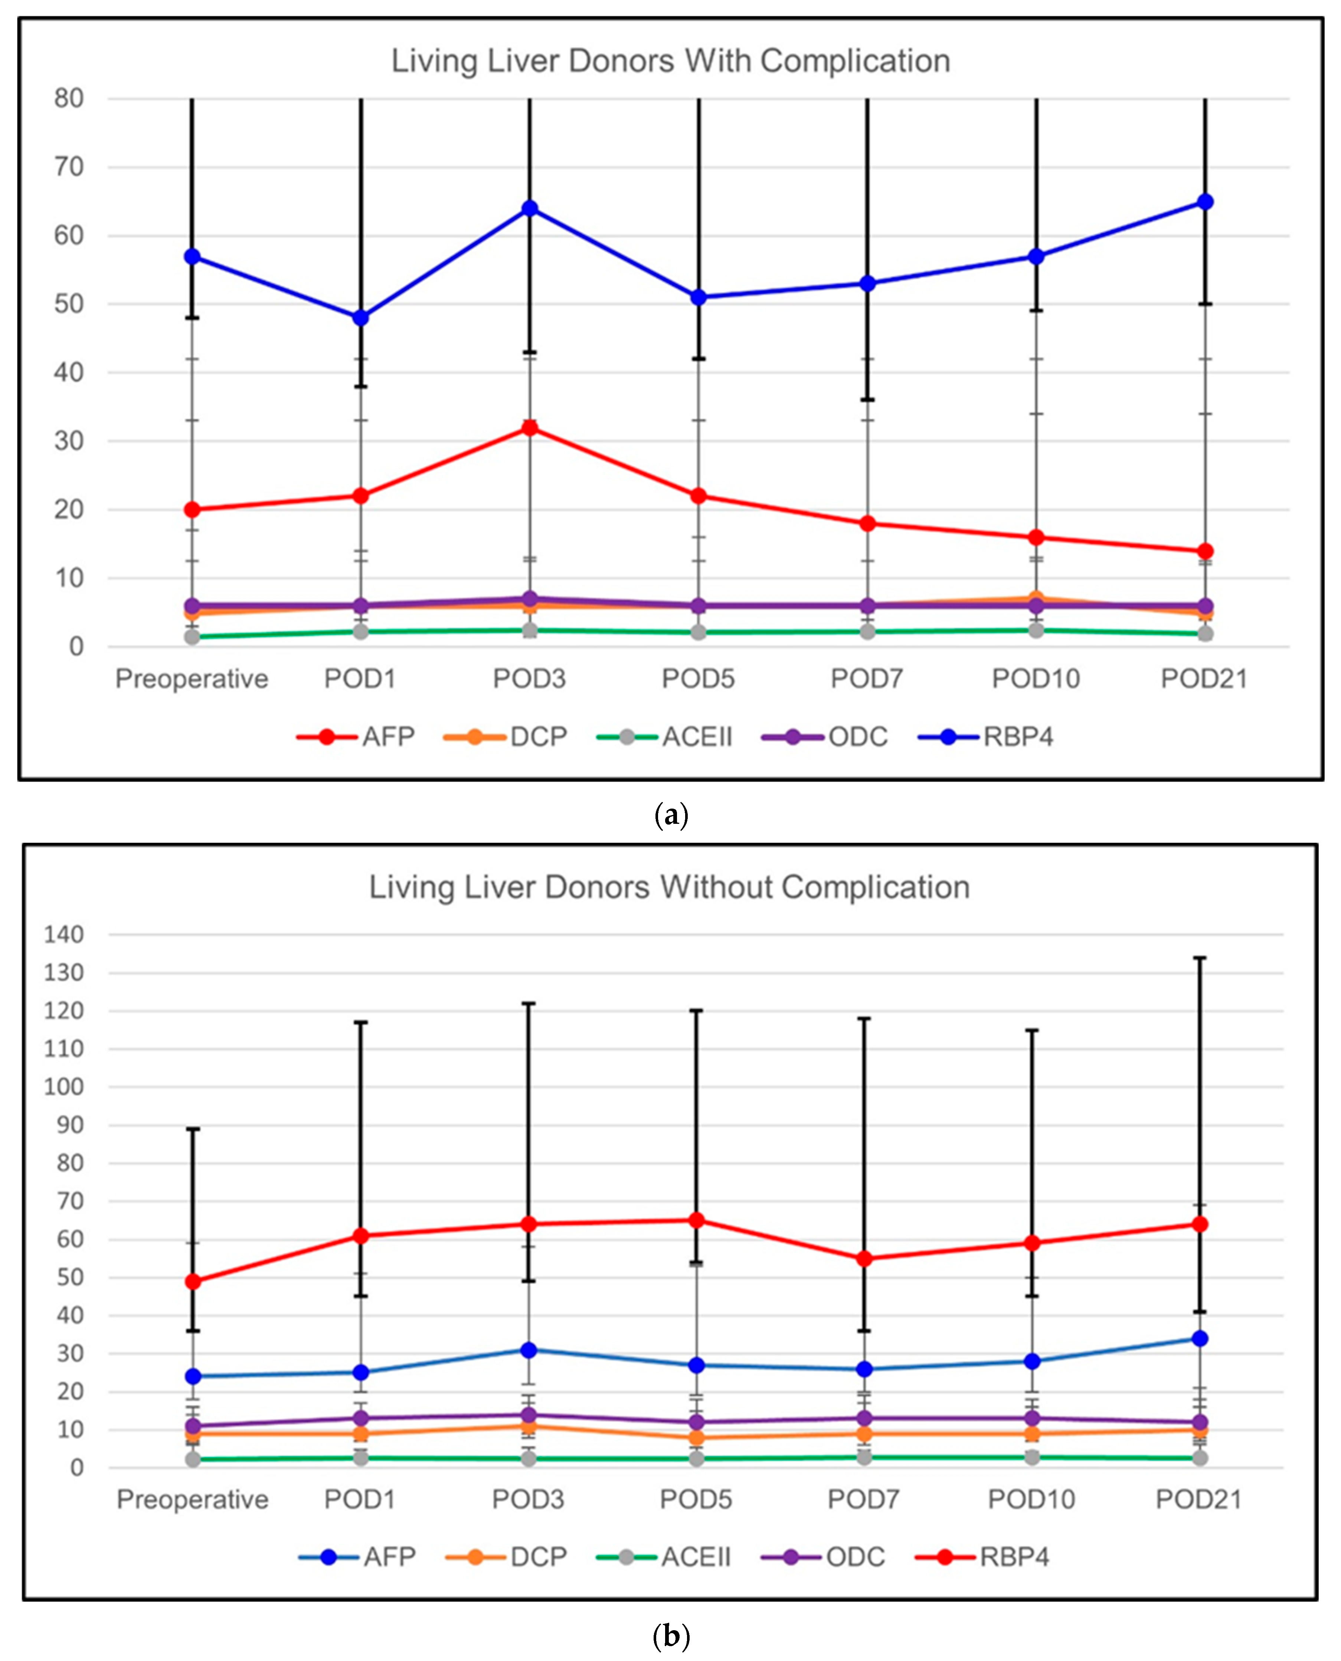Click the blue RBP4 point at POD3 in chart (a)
pyautogui.click(x=530, y=209)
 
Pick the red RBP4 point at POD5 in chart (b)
pyautogui.click(x=697, y=1220)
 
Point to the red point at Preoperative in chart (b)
pyautogui.click(x=193, y=1281)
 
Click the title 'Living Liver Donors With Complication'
pyautogui.click(x=670, y=61)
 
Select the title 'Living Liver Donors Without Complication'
pyautogui.click(x=669, y=887)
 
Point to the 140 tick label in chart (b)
pyautogui.click(x=63, y=934)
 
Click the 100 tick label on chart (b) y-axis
pyautogui.click(x=63, y=1087)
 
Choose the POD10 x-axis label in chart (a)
pyautogui.click(x=1036, y=679)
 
